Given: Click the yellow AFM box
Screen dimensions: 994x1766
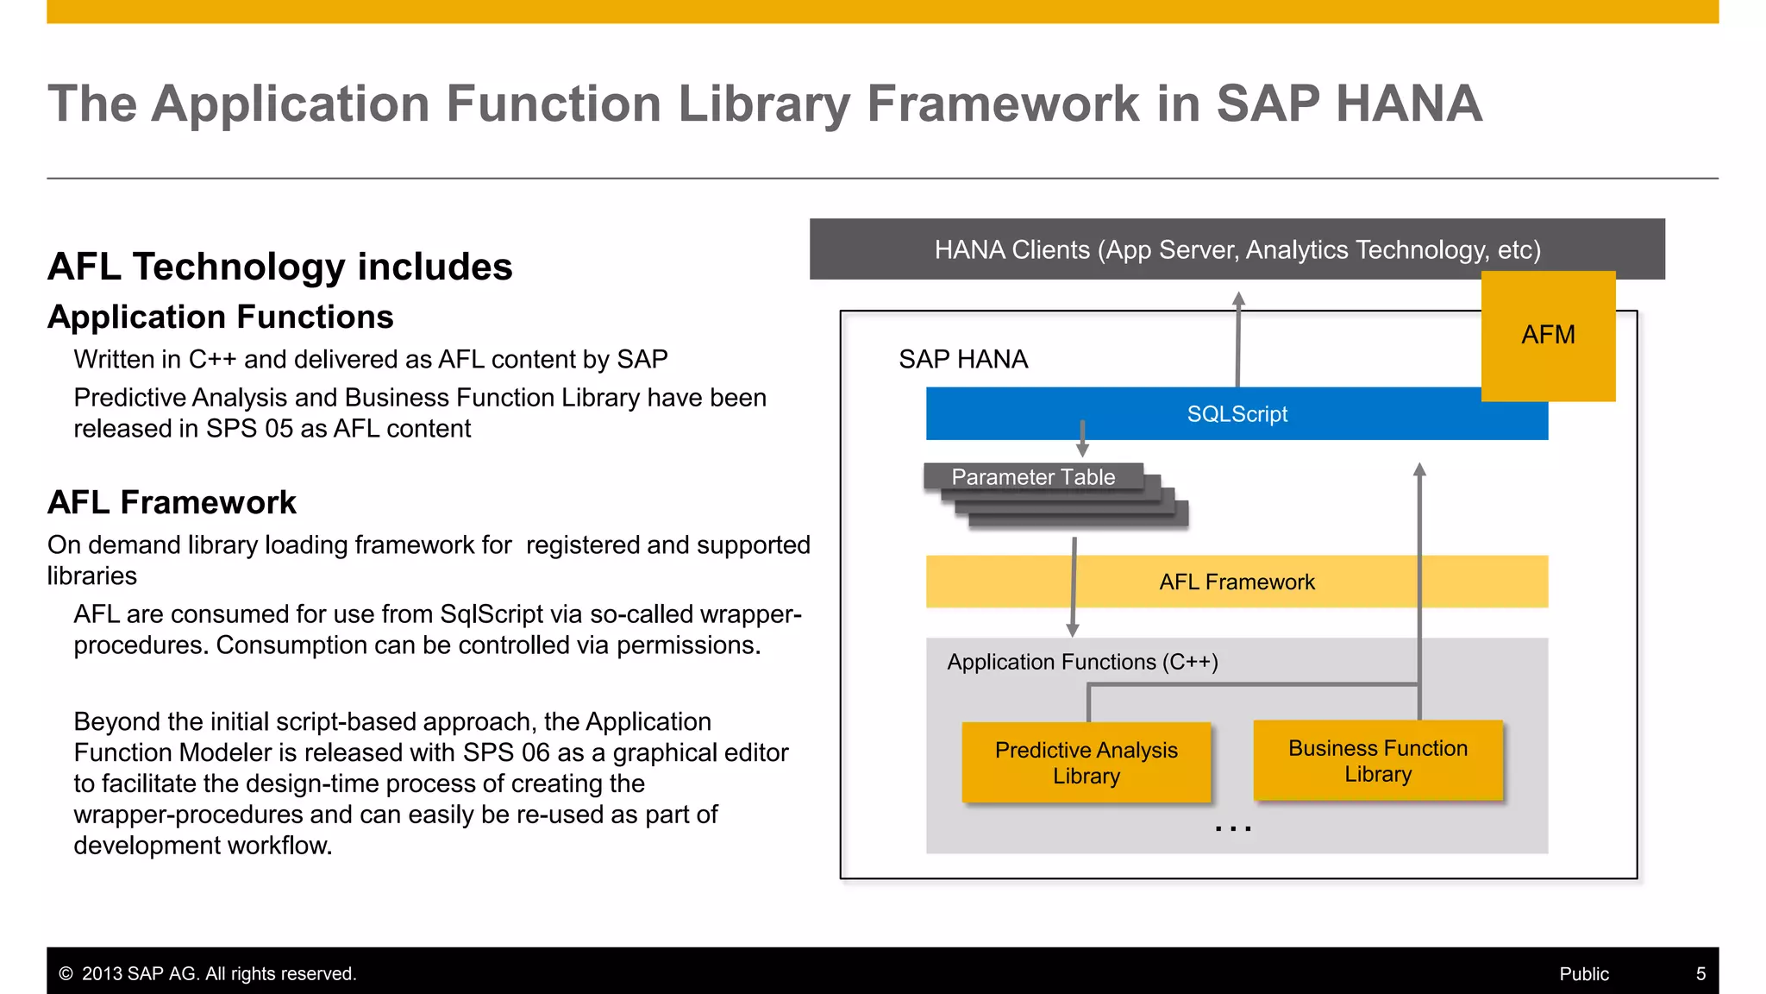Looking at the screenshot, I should [x=1548, y=336].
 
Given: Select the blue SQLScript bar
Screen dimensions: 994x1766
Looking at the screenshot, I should [x=1237, y=414].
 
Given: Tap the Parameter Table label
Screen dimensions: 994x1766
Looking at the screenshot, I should [x=1033, y=477].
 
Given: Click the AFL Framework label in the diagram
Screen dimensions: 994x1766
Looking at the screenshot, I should [x=1237, y=582].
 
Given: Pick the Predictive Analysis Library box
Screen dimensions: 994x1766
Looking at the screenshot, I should [x=1086, y=763].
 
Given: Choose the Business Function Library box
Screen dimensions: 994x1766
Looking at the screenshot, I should [x=1377, y=761].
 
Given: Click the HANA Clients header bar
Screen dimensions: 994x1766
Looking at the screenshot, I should [x=1237, y=250].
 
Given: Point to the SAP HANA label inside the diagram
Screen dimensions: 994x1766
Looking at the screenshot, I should [x=962, y=360].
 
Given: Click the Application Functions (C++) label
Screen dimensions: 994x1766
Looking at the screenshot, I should [x=1082, y=663].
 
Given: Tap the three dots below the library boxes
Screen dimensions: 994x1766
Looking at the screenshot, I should [x=1232, y=829].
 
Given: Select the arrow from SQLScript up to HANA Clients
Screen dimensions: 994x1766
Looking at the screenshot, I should [x=1237, y=341].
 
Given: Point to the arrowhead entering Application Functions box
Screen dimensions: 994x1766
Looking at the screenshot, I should [x=1073, y=630].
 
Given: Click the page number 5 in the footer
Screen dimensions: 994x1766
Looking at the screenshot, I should [x=1700, y=974].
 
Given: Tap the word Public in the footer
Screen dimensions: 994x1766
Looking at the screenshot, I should [x=1583, y=974].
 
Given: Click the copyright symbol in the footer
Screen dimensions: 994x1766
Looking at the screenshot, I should [x=66, y=974].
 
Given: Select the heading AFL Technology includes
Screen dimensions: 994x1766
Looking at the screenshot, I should [x=279, y=267].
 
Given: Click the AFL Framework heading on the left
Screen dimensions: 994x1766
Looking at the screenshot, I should [x=172, y=502].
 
